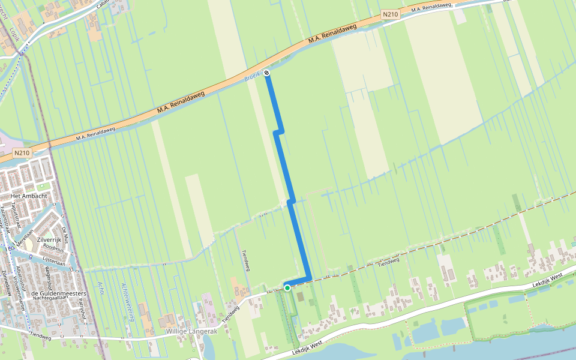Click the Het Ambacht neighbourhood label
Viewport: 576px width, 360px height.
pyautogui.click(x=33, y=196)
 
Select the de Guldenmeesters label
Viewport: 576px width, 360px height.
pyautogui.click(x=56, y=293)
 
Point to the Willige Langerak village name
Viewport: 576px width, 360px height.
pyautogui.click(x=191, y=331)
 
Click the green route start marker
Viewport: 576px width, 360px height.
pyautogui.click(x=287, y=288)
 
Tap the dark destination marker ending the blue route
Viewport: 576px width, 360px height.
pyautogui.click(x=267, y=73)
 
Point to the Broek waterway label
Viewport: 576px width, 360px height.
pyautogui.click(x=252, y=76)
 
